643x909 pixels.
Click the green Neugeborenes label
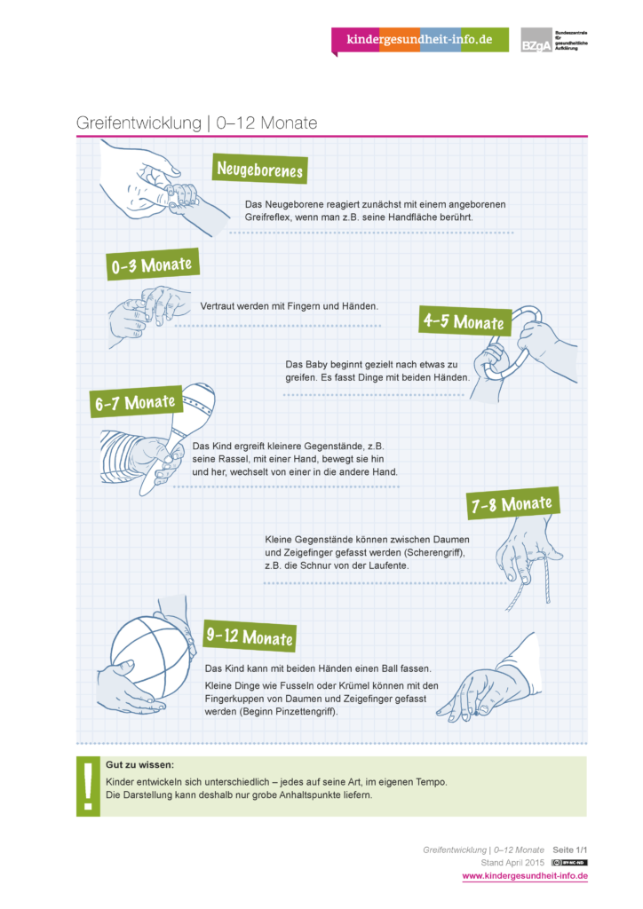pyautogui.click(x=259, y=169)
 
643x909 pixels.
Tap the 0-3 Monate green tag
pyautogui.click(x=153, y=265)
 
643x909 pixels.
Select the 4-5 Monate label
pyautogui.click(x=464, y=320)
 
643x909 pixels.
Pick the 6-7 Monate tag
pyautogui.click(x=136, y=401)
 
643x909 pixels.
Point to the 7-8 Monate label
pyautogui.click(x=512, y=503)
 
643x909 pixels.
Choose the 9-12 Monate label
pyautogui.click(x=250, y=636)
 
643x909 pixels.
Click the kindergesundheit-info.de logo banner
pyautogui.click(x=420, y=40)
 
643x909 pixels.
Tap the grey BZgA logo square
pyautogui.click(x=536, y=40)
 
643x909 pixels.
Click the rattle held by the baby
pyautogui.click(x=180, y=429)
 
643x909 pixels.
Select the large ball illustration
pyautogui.click(x=151, y=658)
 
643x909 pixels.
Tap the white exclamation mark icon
pyautogui.click(x=88, y=786)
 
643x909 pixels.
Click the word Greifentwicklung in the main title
pyautogui.click(x=139, y=123)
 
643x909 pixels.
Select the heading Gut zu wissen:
pyautogui.click(x=139, y=764)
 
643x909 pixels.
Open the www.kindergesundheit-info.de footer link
pyautogui.click(x=525, y=876)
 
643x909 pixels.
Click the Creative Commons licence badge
pyautogui.click(x=569, y=863)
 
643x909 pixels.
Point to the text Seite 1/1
pyautogui.click(x=570, y=850)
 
